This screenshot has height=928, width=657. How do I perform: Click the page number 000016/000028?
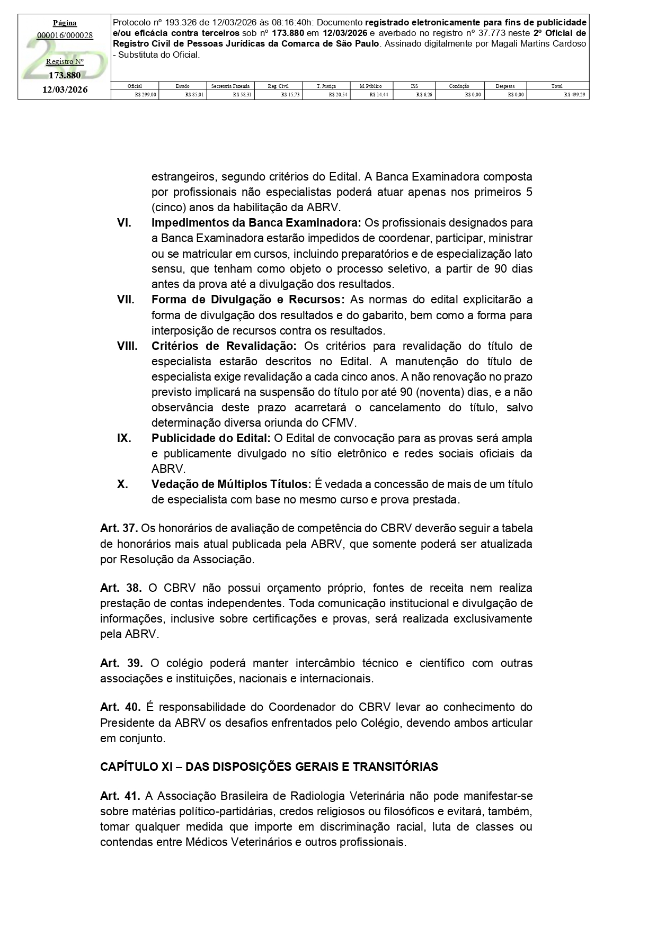[x=65, y=35]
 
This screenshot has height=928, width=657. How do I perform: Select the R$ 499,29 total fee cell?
[x=558, y=95]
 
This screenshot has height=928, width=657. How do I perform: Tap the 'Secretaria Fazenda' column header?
[x=230, y=86]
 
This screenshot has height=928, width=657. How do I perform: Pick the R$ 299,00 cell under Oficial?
[x=135, y=95]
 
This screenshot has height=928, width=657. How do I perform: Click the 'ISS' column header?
[x=414, y=86]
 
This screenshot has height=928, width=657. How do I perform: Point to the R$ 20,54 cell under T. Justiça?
[x=326, y=95]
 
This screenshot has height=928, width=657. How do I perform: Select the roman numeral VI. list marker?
[x=124, y=223]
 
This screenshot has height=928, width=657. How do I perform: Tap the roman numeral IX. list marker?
[x=124, y=438]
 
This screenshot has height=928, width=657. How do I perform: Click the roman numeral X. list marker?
[x=122, y=484]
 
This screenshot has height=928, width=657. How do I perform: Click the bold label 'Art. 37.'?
[x=119, y=528]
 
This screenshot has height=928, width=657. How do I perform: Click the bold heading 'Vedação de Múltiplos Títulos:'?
[x=231, y=484]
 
